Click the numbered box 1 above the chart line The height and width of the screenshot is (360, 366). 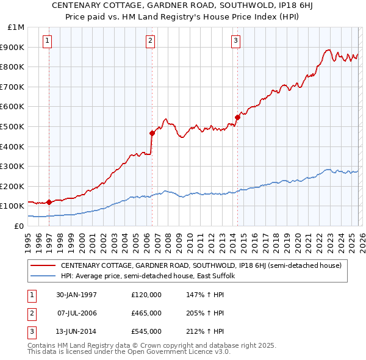coord(48,41)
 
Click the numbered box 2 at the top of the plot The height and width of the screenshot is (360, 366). coord(150,41)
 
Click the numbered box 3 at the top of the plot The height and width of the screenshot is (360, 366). coord(235,41)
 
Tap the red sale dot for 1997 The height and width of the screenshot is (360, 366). coord(49,202)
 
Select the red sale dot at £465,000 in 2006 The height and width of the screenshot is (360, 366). coord(151,133)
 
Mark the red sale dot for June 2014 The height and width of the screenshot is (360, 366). coord(237,117)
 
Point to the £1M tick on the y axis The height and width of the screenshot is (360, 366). coord(16,27)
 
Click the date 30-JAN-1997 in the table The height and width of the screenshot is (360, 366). coord(76,295)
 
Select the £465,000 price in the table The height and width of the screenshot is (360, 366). coord(146,313)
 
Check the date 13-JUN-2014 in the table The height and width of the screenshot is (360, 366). coord(76,331)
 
